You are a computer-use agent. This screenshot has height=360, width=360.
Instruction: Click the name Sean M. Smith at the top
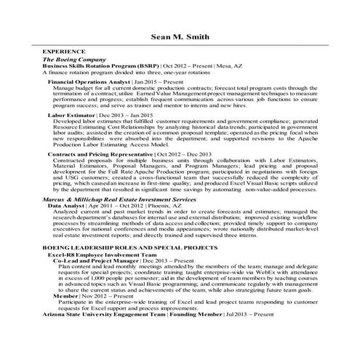pyautogui.click(x=180, y=35)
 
